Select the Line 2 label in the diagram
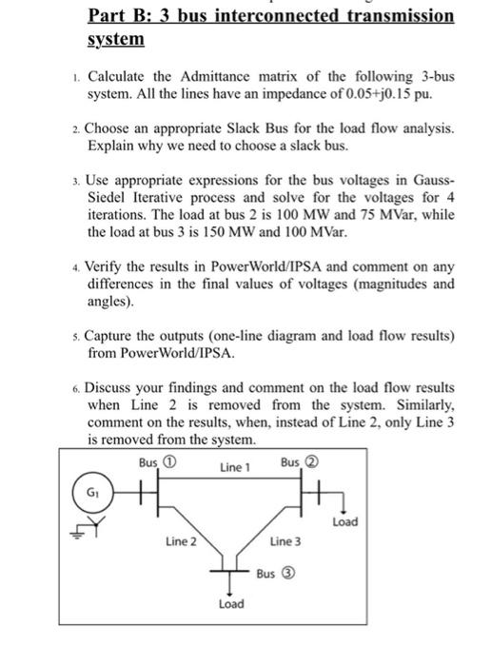pos(181,541)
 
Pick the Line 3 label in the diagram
pos(285,541)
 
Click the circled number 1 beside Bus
pos(170,461)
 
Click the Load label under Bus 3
pos(231,604)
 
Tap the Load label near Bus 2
pos(345,521)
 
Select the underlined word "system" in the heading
pos(115,40)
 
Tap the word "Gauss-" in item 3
pos(431,180)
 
